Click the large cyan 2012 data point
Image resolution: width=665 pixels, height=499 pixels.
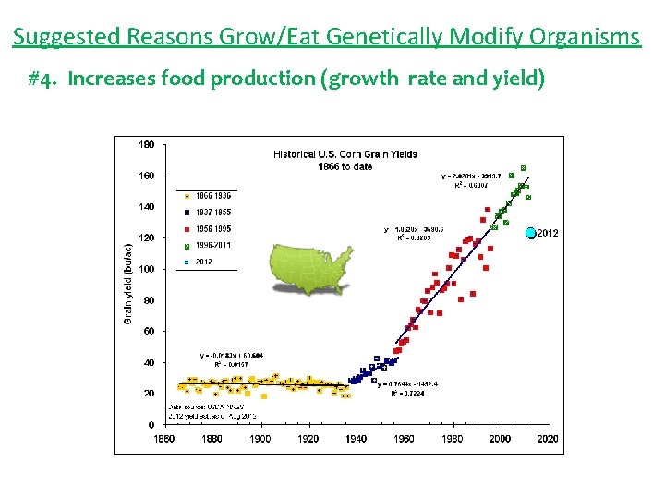pos(530,233)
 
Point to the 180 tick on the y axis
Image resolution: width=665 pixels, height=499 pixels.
pos(147,144)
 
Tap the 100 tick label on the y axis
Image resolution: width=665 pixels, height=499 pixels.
pos(147,269)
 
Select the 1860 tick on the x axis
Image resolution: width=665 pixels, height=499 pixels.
pos(163,439)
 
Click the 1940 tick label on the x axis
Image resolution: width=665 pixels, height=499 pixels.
pos(356,439)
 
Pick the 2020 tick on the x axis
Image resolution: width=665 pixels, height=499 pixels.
pos(547,439)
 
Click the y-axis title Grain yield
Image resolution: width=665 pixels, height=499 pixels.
pos(128,283)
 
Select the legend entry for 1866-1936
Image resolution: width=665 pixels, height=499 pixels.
pos(209,196)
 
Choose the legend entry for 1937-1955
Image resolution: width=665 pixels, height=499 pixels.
pos(209,212)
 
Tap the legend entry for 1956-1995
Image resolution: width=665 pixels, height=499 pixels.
pos(209,228)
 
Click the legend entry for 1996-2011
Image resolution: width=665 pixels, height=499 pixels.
pos(209,245)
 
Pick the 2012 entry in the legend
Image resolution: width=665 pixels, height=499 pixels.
pos(202,262)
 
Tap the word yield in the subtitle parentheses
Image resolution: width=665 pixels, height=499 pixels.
pos(518,78)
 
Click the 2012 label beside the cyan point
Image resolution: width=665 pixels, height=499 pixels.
pos(548,233)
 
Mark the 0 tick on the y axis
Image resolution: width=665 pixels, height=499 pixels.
pos(151,424)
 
